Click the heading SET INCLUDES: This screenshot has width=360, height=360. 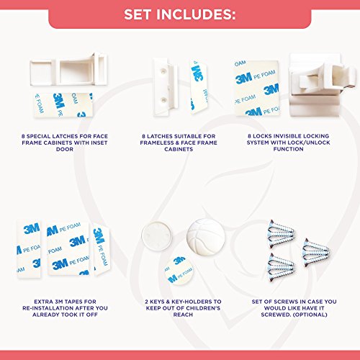pos(179,14)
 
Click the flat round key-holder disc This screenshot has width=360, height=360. pos(157,235)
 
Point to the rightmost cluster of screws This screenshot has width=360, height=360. pos(316,253)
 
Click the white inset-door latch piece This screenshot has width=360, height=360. pos(68,69)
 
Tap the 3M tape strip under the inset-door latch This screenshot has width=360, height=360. pos(63,105)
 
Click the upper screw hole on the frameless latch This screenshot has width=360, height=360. pos(163,71)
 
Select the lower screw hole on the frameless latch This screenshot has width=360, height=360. pos(163,99)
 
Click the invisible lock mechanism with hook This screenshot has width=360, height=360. pos(323,85)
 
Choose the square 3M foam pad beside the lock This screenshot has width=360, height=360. pos(257,88)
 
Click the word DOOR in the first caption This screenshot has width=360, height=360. pos(65,149)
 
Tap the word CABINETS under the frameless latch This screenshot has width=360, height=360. pos(179,149)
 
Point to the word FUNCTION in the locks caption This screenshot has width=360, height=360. pos(288,149)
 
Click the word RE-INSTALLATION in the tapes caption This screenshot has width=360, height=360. pos(44,308)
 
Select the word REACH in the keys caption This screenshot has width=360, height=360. pos(183,315)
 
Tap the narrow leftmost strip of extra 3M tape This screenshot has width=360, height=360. pos(29,249)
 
